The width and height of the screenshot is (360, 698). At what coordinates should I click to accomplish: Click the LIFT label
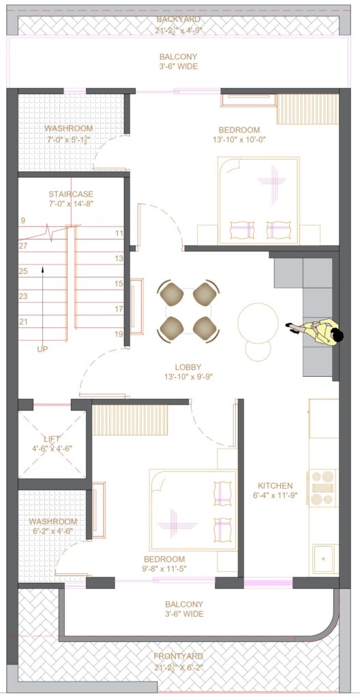pos(52,439)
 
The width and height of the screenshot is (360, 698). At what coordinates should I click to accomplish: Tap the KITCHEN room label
pos(275,485)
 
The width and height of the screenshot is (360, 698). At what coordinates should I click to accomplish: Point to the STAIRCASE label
pos(71,194)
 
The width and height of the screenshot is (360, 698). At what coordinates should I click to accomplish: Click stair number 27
pos(23,245)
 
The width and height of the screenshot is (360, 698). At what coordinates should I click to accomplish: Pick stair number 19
pos(119,334)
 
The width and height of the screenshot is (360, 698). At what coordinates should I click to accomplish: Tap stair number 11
pos(119,233)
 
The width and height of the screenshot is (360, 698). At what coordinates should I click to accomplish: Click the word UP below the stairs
pos(42,350)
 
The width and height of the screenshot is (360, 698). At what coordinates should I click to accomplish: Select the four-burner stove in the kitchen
pos(322,487)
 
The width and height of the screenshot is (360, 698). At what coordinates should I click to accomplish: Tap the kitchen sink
pos(325,558)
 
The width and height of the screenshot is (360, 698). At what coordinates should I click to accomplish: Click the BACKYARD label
pos(178,19)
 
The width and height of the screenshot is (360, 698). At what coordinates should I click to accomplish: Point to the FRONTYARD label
pos(178,656)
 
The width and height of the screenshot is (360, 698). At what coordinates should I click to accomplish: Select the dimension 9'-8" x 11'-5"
pos(164,568)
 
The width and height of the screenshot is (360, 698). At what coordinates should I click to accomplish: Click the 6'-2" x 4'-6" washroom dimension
pos(53,530)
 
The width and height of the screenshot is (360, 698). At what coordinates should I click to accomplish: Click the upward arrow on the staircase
pos(43,303)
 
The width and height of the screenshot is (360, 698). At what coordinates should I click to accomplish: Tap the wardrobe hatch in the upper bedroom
pos(308,109)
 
